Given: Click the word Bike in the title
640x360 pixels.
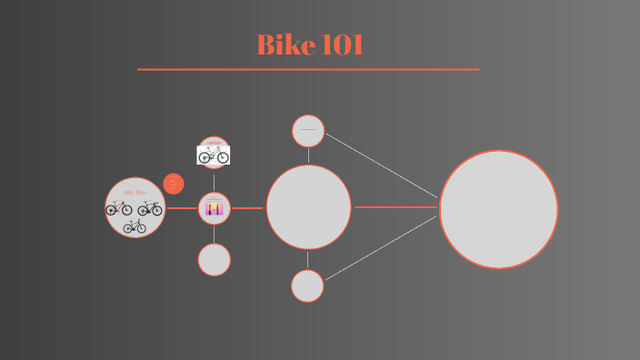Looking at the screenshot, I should coord(283,45).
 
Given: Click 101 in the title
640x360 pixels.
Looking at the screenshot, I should coord(342,45).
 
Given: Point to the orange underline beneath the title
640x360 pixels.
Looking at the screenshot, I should coord(308,69).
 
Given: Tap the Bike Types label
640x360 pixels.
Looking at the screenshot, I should coord(135,193).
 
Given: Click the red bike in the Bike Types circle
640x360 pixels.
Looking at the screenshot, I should coord(119,208).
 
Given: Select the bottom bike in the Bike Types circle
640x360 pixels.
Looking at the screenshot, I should coord(135,226).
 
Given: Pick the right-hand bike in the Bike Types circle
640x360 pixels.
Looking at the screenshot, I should coord(150,208).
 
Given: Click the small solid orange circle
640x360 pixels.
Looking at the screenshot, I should coord(174,184).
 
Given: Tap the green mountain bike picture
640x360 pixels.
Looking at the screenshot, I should coord(214,155).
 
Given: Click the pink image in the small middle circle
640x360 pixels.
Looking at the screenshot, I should coord(215,209).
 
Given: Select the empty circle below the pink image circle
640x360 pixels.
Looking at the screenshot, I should coord(215,259).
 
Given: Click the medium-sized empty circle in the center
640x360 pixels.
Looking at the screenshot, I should coord(308,207).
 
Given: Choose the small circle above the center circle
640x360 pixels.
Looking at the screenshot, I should coord(308,131).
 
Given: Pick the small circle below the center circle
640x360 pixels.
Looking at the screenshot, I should coord(307,285).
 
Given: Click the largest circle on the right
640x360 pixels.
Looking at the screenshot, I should coord(498,209).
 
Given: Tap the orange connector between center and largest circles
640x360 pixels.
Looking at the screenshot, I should coord(395,207).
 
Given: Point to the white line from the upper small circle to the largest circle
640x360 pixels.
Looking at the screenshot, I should coord(382,165).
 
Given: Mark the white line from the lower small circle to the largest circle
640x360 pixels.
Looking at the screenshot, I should coord(382,248).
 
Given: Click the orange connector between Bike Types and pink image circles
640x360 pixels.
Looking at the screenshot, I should coord(182,208).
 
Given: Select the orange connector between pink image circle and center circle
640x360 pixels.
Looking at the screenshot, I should coord(247,208).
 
